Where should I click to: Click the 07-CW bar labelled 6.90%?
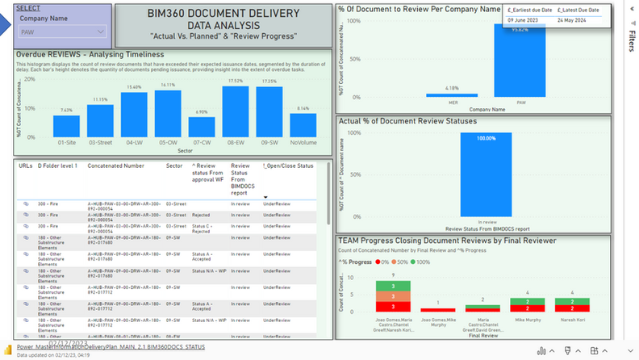(202, 127)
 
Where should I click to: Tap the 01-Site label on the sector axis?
(67, 142)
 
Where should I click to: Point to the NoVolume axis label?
(303, 142)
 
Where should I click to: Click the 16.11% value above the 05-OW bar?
(168, 85)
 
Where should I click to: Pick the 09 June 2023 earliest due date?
(522, 19)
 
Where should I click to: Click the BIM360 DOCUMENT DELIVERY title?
(223, 15)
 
